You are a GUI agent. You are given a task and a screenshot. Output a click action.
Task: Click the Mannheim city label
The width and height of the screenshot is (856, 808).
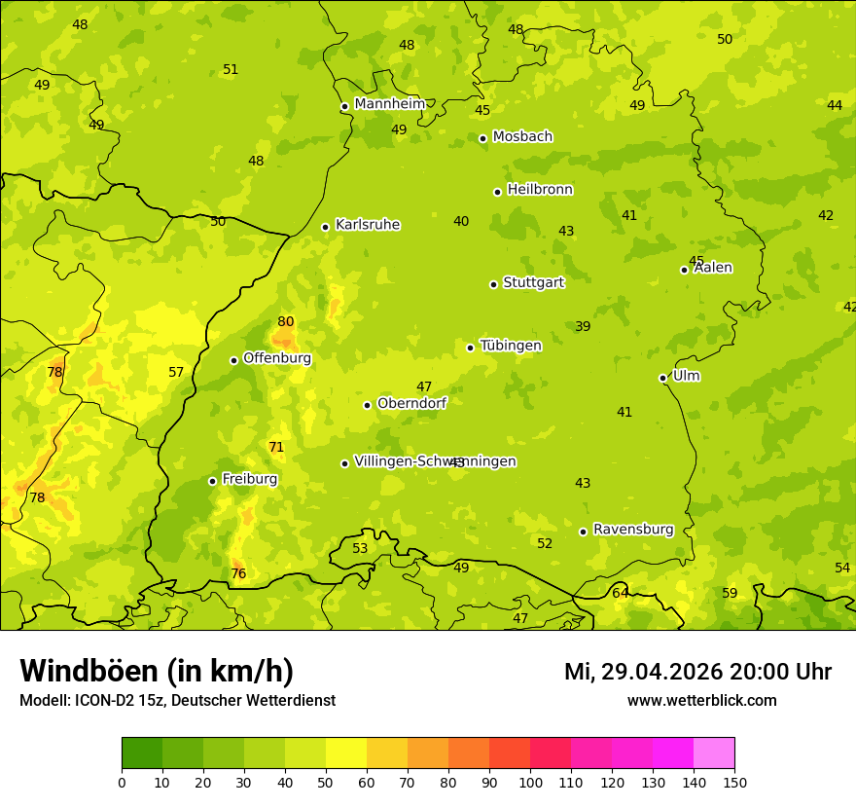389,104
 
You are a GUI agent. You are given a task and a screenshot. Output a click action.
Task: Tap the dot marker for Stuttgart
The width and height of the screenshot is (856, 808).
493,284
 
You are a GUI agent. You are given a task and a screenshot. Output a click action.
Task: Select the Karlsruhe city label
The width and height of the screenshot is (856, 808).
367,225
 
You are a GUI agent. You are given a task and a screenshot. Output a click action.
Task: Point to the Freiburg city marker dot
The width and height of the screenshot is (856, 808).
212,481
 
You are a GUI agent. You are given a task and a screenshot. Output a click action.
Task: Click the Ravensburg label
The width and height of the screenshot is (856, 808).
633,530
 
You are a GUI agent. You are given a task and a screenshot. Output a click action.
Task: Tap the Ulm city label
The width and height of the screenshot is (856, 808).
686,376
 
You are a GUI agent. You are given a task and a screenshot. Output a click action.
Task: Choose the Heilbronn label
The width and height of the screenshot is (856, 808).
540,190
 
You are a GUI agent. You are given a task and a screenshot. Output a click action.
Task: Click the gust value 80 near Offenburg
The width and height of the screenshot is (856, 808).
285,322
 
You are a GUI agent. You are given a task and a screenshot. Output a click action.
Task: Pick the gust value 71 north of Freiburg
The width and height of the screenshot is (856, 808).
276,448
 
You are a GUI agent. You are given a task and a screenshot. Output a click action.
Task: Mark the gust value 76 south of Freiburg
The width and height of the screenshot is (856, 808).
238,574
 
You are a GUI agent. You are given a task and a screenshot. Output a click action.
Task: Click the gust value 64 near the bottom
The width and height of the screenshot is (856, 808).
620,593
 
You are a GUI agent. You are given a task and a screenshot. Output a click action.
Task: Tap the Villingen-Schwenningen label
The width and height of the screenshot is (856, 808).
435,461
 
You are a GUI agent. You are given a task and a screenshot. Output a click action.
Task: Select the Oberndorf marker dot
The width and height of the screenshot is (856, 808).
367,405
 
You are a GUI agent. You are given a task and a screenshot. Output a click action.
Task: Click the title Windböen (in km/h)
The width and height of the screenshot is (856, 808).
157,671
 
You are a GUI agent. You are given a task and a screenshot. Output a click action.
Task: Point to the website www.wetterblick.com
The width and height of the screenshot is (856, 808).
701,700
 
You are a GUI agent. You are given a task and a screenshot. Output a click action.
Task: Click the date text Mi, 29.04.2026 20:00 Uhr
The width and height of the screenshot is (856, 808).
697,672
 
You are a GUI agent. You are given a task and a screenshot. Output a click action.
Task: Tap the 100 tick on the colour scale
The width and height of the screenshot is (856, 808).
530,782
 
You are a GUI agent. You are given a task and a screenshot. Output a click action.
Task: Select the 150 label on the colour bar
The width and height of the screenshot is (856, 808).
734,782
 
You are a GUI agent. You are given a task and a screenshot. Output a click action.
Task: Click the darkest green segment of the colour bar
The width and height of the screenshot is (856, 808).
142,753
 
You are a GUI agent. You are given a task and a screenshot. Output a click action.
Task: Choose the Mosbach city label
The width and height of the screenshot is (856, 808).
522,136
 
